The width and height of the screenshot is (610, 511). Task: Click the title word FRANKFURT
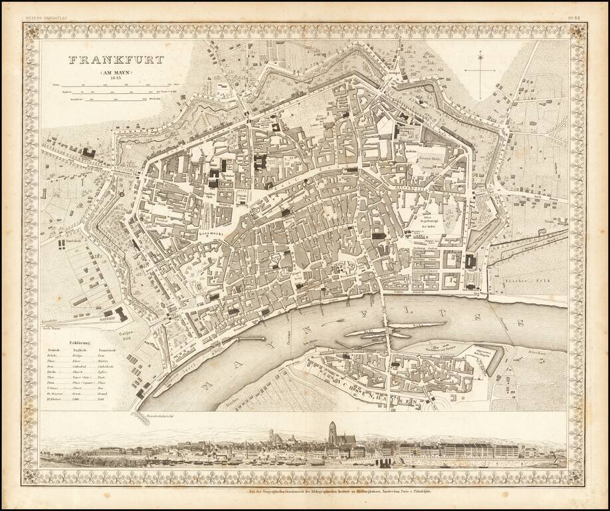coord(116,59)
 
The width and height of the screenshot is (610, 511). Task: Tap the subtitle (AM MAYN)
coord(116,72)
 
